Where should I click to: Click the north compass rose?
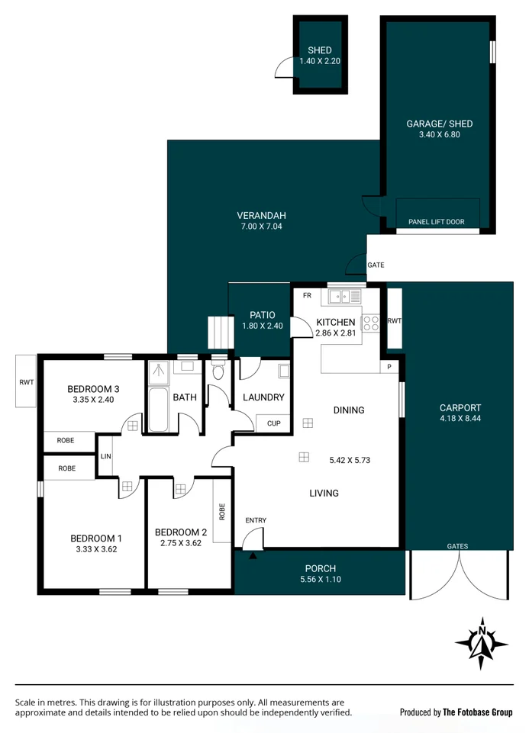click(482, 643)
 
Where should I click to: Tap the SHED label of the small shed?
click(319, 50)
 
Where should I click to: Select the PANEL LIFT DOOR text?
click(436, 222)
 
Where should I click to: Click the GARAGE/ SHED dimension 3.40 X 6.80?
click(439, 135)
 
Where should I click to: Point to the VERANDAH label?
click(261, 215)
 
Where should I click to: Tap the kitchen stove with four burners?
click(370, 323)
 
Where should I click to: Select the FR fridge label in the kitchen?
click(307, 295)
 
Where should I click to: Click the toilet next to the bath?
click(218, 371)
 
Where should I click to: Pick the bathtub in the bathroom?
click(159, 410)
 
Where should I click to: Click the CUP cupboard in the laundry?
click(273, 423)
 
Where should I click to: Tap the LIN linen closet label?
click(105, 456)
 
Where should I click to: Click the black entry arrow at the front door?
click(253, 555)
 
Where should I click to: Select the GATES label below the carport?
click(458, 546)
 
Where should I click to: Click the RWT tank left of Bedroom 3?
click(26, 381)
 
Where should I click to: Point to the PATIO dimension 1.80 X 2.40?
click(263, 326)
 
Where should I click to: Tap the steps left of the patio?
click(219, 333)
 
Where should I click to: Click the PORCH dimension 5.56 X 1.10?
click(320, 580)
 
